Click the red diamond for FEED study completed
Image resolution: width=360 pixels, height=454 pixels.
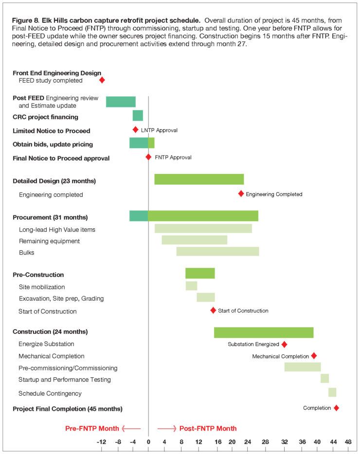click(102, 80)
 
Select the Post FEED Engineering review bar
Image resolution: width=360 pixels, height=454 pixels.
click(121, 102)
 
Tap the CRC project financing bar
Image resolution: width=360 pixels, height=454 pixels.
click(138, 116)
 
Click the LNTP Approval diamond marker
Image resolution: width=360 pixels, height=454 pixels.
click(136, 129)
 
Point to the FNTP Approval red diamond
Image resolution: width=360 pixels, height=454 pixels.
click(148, 157)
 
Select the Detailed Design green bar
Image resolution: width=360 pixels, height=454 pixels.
click(199, 179)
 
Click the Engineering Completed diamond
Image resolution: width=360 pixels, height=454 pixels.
click(241, 193)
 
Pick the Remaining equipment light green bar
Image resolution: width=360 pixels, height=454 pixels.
click(195, 240)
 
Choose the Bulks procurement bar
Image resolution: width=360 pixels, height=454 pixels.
click(217, 251)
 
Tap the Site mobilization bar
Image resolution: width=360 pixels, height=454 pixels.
click(191, 286)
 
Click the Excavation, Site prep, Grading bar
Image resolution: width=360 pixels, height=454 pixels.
click(206, 297)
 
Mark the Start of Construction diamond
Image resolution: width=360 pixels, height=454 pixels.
click(213, 310)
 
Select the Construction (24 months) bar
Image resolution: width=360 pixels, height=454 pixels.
click(264, 332)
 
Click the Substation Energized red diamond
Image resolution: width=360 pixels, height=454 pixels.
click(284, 344)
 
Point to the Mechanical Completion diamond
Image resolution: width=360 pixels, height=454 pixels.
click(314, 356)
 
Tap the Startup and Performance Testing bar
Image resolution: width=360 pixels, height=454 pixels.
click(324, 378)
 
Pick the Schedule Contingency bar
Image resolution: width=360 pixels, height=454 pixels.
click(332, 392)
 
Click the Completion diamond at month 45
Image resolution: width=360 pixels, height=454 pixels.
click(336, 408)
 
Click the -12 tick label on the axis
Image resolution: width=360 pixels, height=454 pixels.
click(101, 442)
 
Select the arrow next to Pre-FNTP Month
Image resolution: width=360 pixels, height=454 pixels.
click(131, 428)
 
